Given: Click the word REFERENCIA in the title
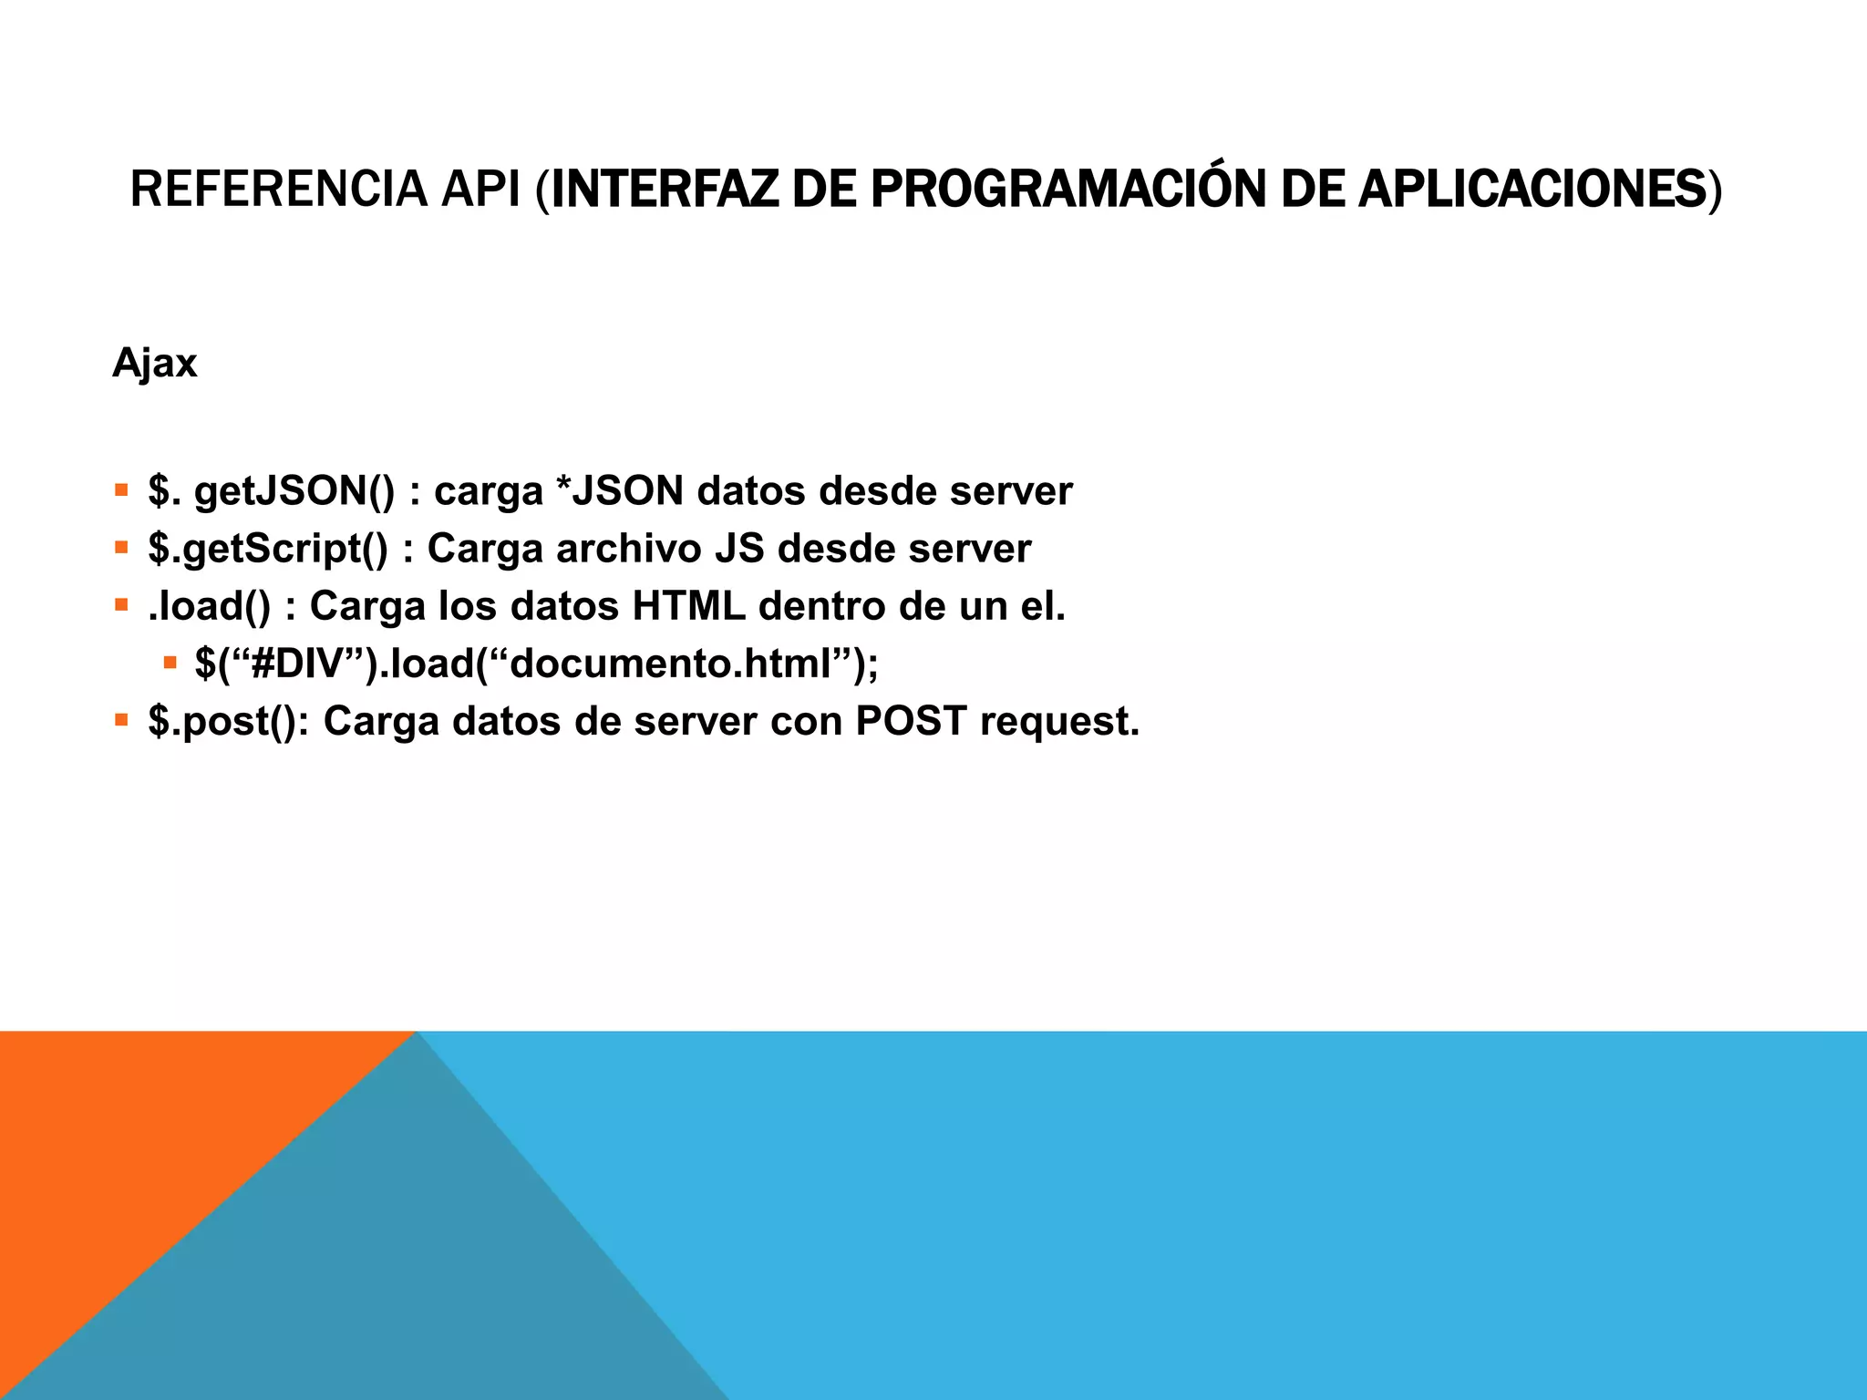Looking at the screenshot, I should pyautogui.click(x=278, y=189).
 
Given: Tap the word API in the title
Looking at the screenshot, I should pyautogui.click(x=480, y=189).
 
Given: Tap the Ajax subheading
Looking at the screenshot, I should pyautogui.click(x=154, y=364).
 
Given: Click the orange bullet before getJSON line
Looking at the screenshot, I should pyautogui.click(x=121, y=490).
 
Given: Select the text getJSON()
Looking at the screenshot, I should pyautogui.click(x=294, y=491).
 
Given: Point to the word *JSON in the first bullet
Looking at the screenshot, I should pyautogui.click(x=619, y=491).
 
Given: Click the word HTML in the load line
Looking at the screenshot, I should pyautogui.click(x=688, y=606).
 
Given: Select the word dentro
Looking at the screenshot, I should pyautogui.click(x=821, y=606).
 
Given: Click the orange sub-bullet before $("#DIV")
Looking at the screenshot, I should pyautogui.click(x=170, y=663).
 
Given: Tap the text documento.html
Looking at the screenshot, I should pyautogui.click(x=670, y=664).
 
